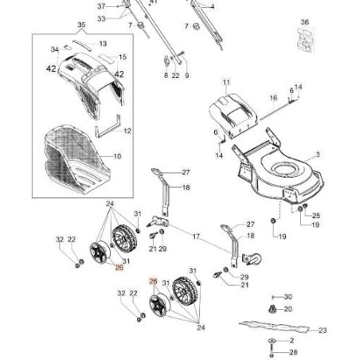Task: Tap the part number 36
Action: pos(303,22)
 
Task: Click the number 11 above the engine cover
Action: pos(225,82)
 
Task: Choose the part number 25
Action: pos(315,216)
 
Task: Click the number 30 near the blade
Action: pos(288,296)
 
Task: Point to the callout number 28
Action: pos(292,351)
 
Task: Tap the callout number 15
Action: pos(123,57)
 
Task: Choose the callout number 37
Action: pos(112,6)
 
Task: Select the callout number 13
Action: pos(103,42)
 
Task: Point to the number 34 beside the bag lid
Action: pos(54,49)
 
